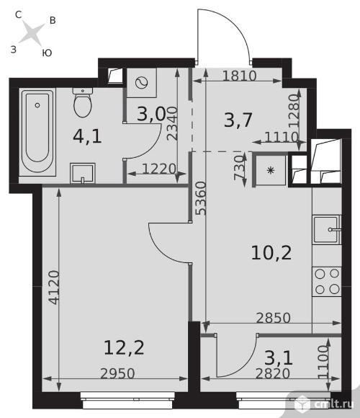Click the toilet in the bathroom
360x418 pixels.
83,102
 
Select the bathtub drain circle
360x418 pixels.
37,105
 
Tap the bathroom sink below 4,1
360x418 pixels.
83,173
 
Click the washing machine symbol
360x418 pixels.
141,83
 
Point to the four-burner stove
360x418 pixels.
327,281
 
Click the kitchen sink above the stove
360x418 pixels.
327,229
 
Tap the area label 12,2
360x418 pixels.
124,348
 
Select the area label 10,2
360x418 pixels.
271,253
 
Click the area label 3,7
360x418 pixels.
238,120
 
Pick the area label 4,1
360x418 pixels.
87,136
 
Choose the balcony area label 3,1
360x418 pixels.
279,357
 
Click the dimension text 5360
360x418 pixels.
201,198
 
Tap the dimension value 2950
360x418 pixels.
117,374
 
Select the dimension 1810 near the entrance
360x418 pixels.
239,76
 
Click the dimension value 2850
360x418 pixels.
273,318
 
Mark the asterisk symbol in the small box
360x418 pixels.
271,170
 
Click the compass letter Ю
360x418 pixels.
47,53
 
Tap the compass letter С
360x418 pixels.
18,14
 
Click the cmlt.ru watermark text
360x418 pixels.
333,404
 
